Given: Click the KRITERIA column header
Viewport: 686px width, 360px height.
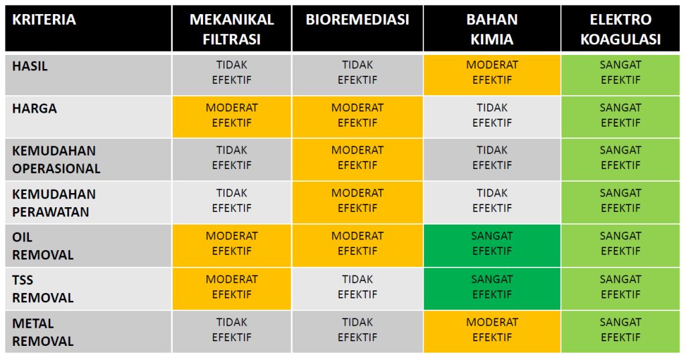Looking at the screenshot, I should point(44,19).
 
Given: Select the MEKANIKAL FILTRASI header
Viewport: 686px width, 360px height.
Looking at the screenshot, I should point(231,29).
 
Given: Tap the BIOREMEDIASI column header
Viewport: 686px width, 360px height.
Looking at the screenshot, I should point(357,19).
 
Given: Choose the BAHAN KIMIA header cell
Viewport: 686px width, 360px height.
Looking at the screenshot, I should point(492,29).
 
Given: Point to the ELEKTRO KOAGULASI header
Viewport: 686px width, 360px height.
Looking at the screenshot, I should point(620,29).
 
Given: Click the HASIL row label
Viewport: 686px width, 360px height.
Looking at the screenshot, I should point(30,66).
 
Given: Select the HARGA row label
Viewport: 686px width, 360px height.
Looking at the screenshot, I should point(34,108).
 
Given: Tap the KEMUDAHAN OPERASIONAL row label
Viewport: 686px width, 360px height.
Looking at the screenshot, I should point(56,160).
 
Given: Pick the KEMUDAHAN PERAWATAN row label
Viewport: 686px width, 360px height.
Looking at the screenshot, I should point(54,202).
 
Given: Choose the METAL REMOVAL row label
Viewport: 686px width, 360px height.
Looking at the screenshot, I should point(43,332).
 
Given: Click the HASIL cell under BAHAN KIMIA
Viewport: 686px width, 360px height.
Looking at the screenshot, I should point(492,72).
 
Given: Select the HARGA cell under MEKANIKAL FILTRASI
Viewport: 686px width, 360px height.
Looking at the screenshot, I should point(231,115).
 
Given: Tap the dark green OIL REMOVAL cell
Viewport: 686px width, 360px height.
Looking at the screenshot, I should point(492,244).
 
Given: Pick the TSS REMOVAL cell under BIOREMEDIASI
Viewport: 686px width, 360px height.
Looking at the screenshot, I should point(357,287).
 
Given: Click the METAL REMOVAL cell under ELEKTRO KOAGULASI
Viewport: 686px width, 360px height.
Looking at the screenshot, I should point(620,331).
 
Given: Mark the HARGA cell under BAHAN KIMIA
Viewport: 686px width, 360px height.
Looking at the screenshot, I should point(492,115).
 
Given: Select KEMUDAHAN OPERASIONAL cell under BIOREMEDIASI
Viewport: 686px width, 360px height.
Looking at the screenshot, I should point(357,158).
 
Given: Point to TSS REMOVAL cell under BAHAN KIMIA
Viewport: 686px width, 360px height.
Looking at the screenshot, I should point(492,287).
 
